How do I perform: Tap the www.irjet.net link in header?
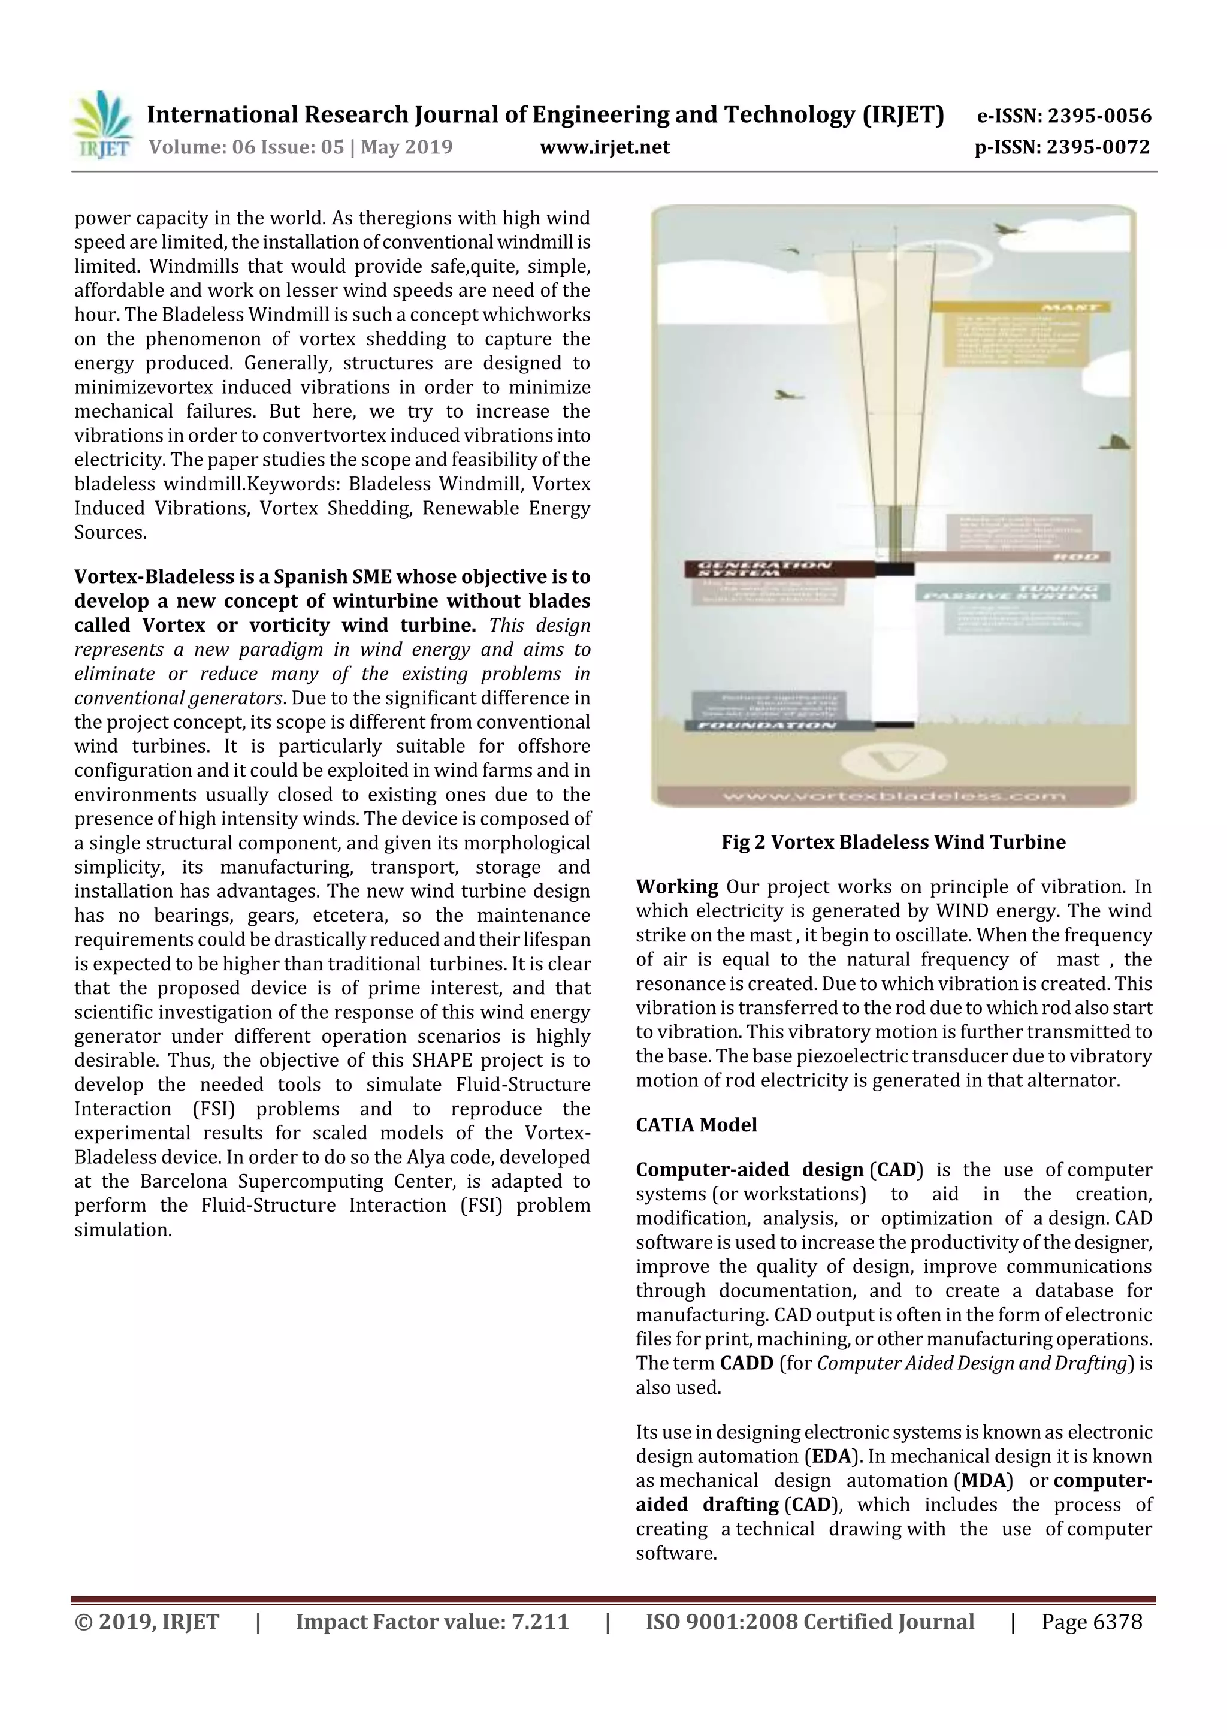click(604, 147)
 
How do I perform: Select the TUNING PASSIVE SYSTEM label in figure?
click(1014, 592)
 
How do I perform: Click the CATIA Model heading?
click(696, 1124)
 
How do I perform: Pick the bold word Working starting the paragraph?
click(676, 886)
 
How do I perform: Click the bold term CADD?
click(746, 1363)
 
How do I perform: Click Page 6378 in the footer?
click(1091, 1621)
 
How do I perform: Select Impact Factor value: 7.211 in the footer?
click(432, 1621)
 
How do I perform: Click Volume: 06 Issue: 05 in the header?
click(246, 147)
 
